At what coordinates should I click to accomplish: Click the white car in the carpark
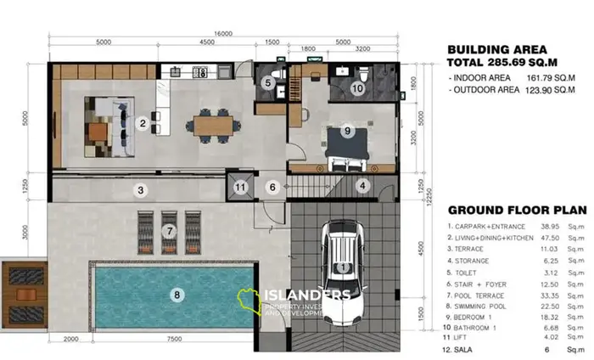342,270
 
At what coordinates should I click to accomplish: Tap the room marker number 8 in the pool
177,295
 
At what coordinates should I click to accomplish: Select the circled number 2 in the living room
143,124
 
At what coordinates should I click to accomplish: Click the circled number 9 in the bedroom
346,131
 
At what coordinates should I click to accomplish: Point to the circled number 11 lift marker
241,187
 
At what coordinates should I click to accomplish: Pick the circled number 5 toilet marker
267,83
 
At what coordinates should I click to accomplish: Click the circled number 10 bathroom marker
357,87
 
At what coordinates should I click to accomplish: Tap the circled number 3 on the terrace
142,188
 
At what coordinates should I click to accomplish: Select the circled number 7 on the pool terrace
170,230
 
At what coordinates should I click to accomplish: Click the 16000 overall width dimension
223,33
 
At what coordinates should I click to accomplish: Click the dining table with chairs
208,126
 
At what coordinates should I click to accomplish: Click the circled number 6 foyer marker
272,187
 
